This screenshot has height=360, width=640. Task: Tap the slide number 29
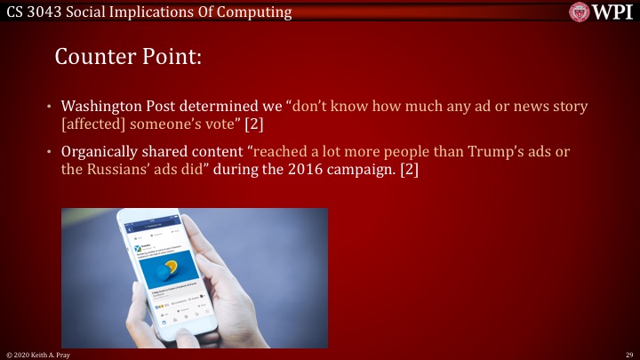click(628, 354)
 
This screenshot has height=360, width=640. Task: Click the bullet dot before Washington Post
click(51, 107)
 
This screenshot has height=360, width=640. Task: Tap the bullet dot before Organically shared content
click(51, 153)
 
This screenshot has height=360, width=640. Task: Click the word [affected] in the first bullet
click(94, 123)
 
